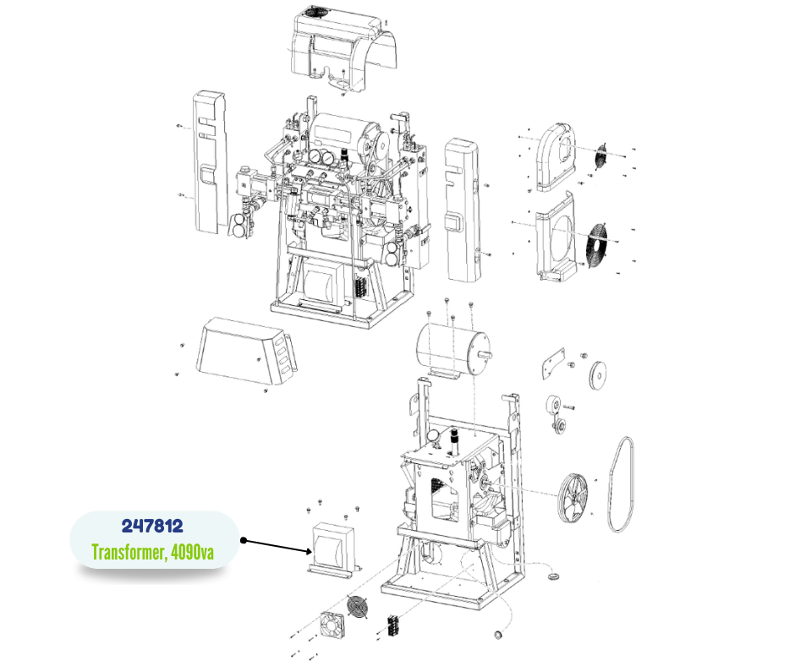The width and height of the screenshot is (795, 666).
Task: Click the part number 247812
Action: [152, 526]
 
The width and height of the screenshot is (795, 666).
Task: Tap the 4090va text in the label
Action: [192, 552]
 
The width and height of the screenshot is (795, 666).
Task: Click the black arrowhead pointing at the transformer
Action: [308, 551]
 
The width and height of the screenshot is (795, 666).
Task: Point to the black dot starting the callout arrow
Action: [244, 540]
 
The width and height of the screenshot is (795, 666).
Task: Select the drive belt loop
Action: [621, 484]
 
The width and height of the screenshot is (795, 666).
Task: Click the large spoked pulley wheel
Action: [573, 498]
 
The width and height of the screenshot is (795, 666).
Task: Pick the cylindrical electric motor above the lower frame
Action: [452, 349]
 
